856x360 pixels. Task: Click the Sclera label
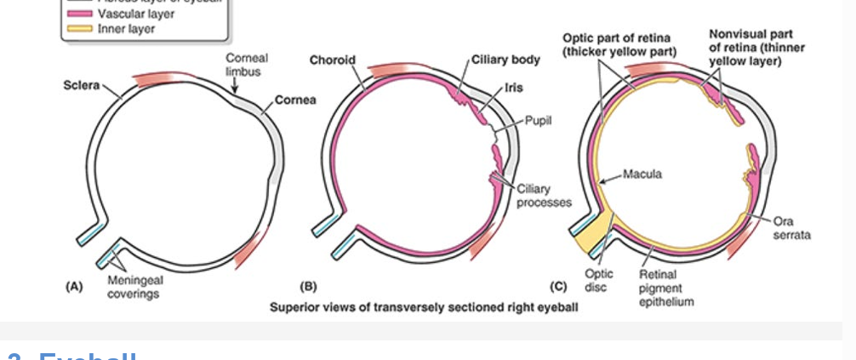pyautogui.click(x=81, y=86)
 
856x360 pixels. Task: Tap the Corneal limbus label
pyautogui.click(x=246, y=65)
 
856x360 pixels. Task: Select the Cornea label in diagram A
pyautogui.click(x=295, y=100)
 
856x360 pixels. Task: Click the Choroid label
pyautogui.click(x=332, y=60)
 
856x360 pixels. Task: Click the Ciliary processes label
pyautogui.click(x=544, y=195)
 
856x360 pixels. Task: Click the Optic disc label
pyautogui.click(x=598, y=279)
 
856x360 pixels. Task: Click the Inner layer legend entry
pyautogui.click(x=123, y=28)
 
